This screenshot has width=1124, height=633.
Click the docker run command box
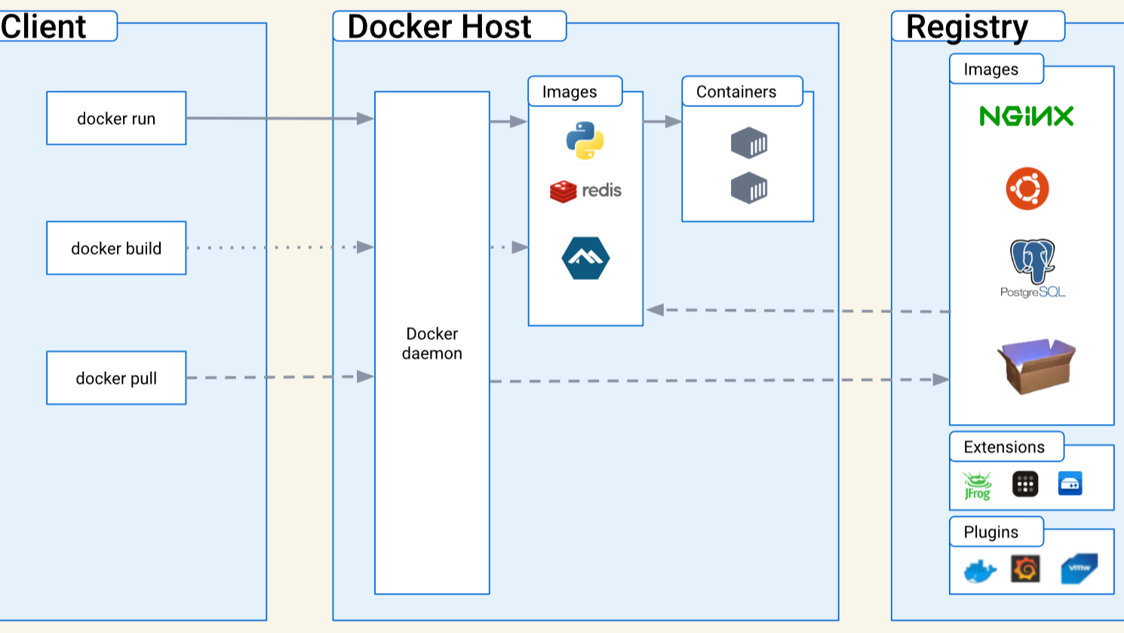click(116, 118)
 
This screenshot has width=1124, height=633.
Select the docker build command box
click(116, 248)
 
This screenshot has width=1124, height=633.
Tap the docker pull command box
click(116, 378)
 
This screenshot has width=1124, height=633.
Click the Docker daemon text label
click(431, 343)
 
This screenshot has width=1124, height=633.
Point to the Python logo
click(585, 140)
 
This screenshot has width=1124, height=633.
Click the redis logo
click(585, 191)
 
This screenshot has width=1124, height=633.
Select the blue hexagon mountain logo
click(585, 258)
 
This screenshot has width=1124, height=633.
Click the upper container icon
click(748, 143)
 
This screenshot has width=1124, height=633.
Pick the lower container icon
click(748, 188)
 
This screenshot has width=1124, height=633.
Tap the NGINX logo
click(1026, 115)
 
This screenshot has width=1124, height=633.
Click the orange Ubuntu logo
click(1027, 189)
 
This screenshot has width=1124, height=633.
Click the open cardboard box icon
click(1036, 365)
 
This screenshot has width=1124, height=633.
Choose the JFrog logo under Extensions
click(977, 485)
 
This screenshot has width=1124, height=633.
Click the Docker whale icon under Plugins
click(980, 571)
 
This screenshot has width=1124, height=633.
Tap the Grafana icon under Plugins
click(1025, 569)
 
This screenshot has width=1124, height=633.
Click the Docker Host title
click(439, 26)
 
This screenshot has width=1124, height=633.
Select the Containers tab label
click(736, 92)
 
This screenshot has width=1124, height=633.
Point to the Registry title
click(966, 26)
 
